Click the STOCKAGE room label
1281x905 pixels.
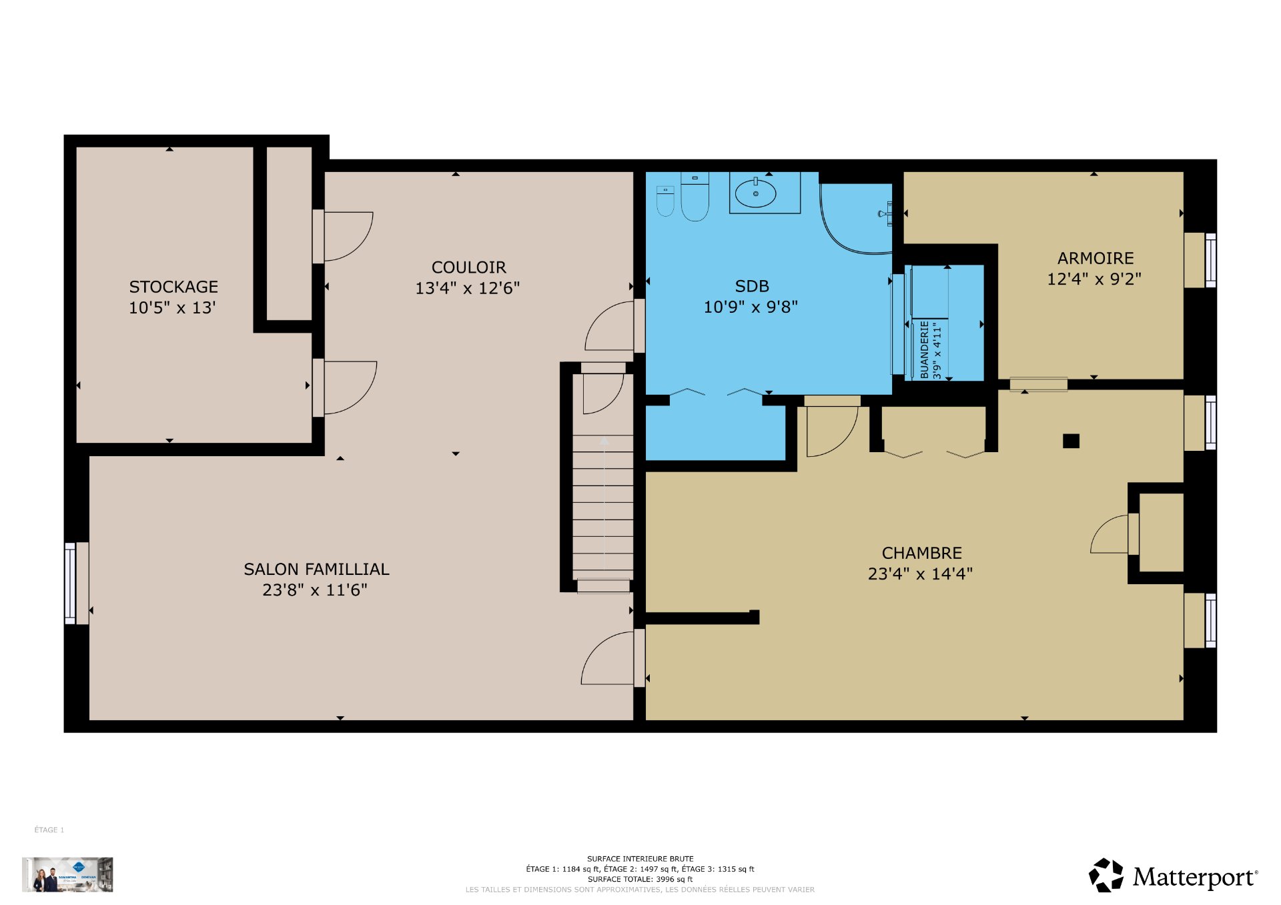(173, 287)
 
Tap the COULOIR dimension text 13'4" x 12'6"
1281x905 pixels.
(467, 288)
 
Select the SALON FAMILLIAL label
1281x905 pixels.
(316, 569)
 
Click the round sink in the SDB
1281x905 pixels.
(755, 194)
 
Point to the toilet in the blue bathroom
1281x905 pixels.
(695, 197)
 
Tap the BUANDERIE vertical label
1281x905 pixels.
(925, 349)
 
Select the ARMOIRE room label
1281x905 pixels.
(1096, 258)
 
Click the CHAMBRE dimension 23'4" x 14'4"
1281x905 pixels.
(920, 574)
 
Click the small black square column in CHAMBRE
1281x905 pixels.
(1071, 441)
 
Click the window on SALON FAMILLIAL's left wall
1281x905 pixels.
(70, 584)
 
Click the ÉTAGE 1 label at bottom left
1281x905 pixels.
(49, 830)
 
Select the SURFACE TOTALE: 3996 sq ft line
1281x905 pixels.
(640, 879)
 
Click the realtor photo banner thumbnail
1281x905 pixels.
(67, 874)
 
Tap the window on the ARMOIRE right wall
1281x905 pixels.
(1210, 260)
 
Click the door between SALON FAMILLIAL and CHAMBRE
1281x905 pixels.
(608, 658)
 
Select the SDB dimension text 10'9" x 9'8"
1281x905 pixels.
(751, 307)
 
